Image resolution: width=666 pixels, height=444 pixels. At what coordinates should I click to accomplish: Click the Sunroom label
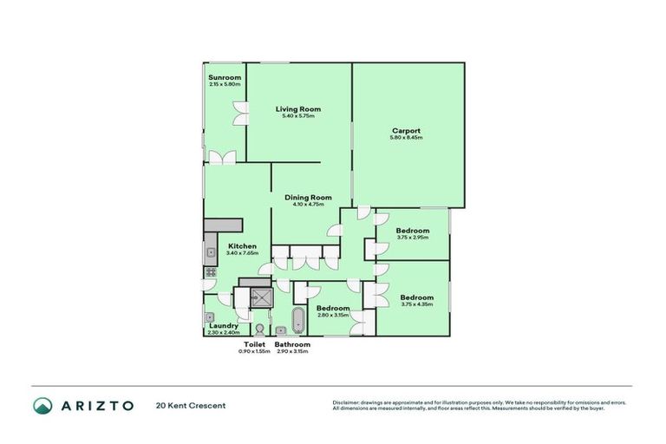225,77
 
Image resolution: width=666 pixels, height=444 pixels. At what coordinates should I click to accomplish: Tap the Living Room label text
298,108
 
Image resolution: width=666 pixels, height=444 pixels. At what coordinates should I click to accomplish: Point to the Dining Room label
309,197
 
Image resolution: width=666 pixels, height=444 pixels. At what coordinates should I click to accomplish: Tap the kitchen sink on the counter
209,253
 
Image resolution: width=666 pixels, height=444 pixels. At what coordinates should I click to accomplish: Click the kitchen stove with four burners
209,271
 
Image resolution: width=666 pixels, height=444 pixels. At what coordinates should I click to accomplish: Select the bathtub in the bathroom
298,319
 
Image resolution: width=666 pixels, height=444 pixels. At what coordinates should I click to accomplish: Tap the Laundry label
223,325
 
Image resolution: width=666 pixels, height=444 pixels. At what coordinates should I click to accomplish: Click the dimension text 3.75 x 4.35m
417,304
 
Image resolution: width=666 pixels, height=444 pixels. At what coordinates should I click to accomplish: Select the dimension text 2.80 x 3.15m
332,315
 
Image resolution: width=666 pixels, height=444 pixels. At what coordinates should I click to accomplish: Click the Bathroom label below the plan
292,344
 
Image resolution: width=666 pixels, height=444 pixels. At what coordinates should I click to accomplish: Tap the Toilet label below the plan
253,344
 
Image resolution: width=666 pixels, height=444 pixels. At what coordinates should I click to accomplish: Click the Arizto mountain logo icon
42,405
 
